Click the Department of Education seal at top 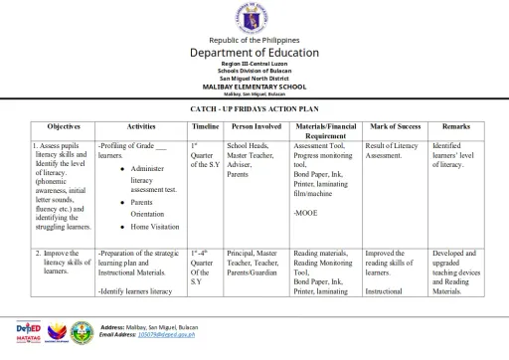[x=254, y=18]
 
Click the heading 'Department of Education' [x=254, y=53]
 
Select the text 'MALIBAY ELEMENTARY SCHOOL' [x=254, y=87]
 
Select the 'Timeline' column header [x=205, y=127]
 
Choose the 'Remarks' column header [x=456, y=127]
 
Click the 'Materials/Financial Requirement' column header [x=326, y=131]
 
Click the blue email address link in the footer [x=160, y=335]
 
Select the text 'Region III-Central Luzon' [x=254, y=65]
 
